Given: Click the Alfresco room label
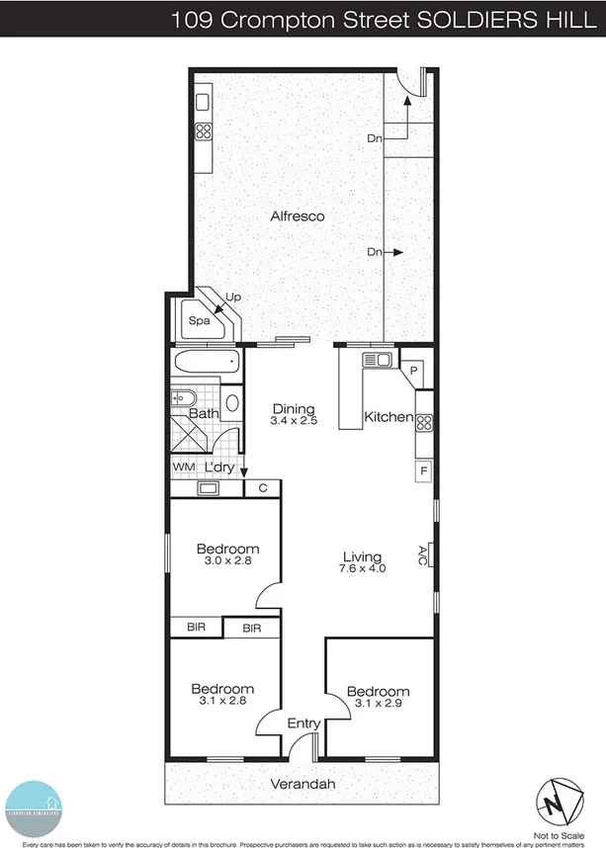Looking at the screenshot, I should [298, 216].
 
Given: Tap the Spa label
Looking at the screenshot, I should [199, 321].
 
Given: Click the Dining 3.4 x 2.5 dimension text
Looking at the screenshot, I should [293, 421].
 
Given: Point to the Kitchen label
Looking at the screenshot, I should [389, 417].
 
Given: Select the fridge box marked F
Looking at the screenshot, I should [423, 470].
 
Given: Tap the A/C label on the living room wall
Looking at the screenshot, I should [422, 553].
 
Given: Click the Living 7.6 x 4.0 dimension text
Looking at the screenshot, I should [362, 569].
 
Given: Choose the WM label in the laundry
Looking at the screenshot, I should [183, 467].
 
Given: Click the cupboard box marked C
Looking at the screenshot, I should [263, 487].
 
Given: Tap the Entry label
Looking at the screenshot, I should [303, 723].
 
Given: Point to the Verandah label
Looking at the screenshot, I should [303, 785].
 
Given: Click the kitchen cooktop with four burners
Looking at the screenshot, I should [424, 424].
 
